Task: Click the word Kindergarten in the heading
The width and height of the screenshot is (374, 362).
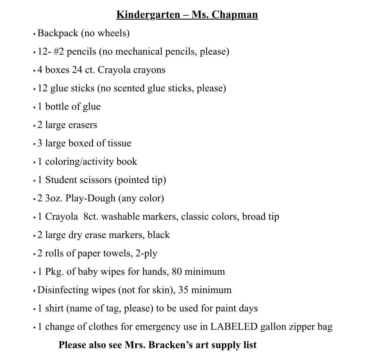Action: [148, 15]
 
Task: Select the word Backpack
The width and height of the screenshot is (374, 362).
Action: [58, 33]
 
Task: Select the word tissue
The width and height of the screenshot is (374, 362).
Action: [120, 143]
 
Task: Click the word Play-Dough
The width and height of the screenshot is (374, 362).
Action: [90, 198]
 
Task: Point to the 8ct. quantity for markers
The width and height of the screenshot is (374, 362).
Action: [91, 217]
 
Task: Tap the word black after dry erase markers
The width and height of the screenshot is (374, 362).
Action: [159, 235]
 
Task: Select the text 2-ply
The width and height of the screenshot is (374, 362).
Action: [146, 253]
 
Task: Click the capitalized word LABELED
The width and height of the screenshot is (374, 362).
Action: [234, 327]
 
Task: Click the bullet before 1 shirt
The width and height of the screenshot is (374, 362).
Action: [34, 309]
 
